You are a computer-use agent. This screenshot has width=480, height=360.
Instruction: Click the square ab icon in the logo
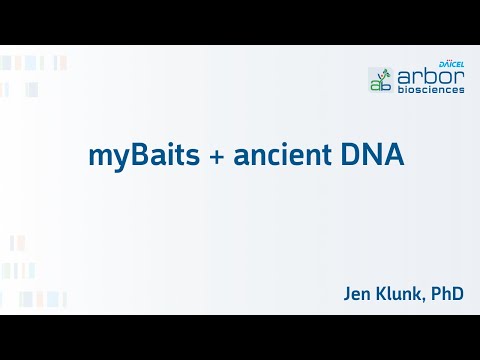pyautogui.click(x=380, y=80)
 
